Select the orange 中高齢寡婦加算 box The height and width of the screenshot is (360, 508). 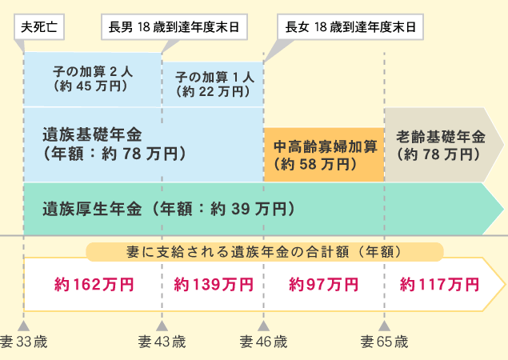coord(324,156)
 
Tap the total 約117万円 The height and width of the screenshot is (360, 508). coord(440,284)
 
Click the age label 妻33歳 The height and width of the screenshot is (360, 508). coord(24,342)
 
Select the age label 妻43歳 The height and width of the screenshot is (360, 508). coord(162,342)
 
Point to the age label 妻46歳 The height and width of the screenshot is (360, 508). coord(263,342)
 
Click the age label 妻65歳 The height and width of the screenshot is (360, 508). coord(384,342)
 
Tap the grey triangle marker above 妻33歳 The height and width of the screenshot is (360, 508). coord(24,326)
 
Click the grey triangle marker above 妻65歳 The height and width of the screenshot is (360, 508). coord(384,326)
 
